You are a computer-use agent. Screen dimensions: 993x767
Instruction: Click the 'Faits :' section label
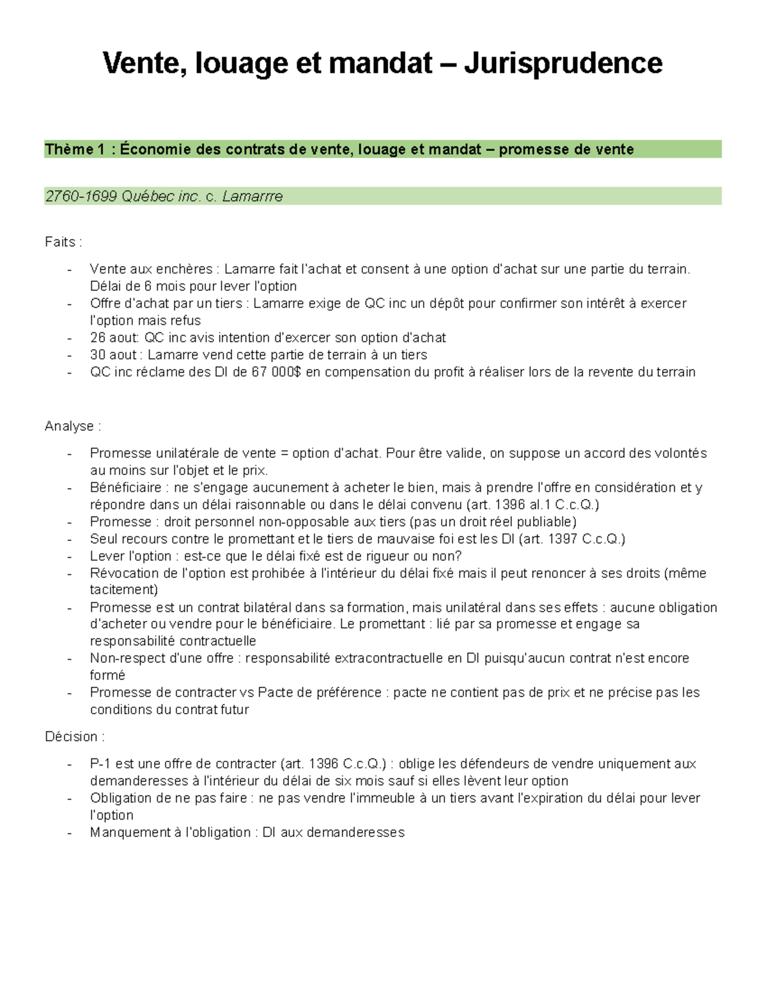tap(63, 242)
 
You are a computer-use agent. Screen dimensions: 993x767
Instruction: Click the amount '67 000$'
tap(275, 372)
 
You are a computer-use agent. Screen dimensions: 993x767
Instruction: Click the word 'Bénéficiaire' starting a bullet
tap(125, 488)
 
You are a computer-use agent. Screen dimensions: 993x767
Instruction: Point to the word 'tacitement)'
tap(123, 590)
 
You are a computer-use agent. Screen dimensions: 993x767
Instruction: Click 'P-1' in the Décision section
tap(100, 764)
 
